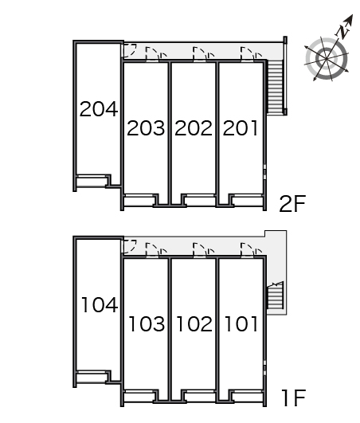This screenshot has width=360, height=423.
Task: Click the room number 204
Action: pyautogui.click(x=99, y=109)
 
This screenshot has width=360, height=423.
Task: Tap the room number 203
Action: pyautogui.click(x=146, y=128)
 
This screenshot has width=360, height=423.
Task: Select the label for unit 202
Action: pyautogui.click(x=194, y=128)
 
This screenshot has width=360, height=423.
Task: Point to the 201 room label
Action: pyautogui.click(x=240, y=128)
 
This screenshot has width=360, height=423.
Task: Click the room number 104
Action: pyautogui.click(x=100, y=305)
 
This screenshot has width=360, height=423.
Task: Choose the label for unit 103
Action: pyautogui.click(x=147, y=323)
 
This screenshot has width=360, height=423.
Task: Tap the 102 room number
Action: pyautogui.click(x=194, y=323)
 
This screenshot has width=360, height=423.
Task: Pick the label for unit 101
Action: pyautogui.click(x=241, y=323)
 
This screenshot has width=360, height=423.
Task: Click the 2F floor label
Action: pyautogui.click(x=292, y=204)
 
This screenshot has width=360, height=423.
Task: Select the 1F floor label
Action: pyautogui.click(x=293, y=398)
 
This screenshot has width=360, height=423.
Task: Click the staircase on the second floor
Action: pyautogui.click(x=275, y=87)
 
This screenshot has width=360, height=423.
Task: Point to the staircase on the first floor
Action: pyautogui.click(x=275, y=295)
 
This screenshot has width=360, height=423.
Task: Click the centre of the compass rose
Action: pyautogui.click(x=327, y=58)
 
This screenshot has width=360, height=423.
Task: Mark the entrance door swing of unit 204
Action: pyautogui.click(x=130, y=51)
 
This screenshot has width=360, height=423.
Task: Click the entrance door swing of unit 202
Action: pyautogui.click(x=200, y=53)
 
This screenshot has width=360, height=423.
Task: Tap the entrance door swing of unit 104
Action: pyautogui.click(x=130, y=247)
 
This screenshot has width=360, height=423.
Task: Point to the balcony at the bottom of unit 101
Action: pyautogui.click(x=247, y=397)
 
